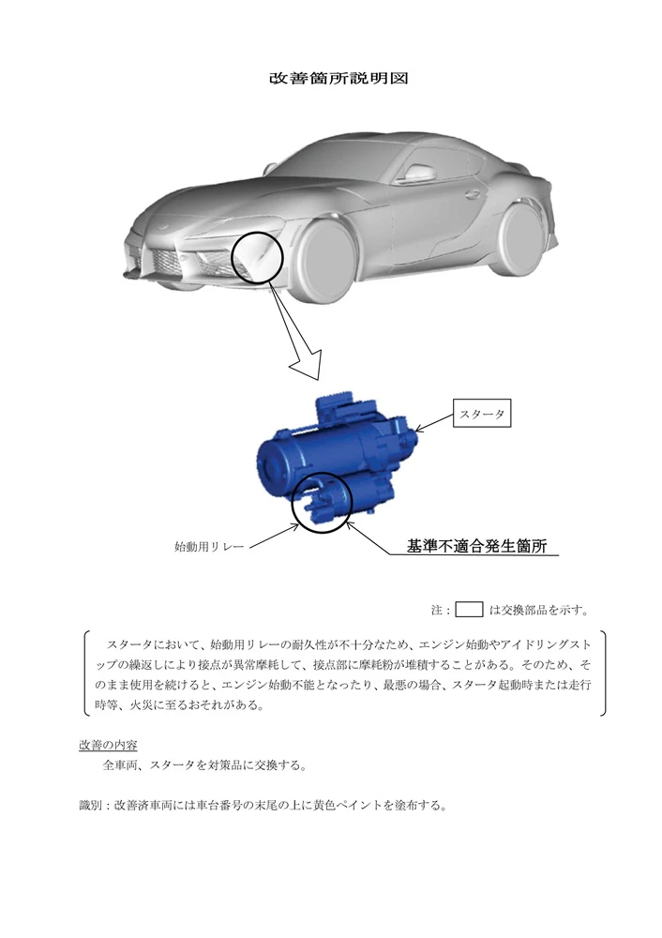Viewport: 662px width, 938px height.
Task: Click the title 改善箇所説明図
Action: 339,79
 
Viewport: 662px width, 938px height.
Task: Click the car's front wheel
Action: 327,260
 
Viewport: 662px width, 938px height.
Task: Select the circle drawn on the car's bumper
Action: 231,258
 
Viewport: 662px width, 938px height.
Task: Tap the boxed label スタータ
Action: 481,414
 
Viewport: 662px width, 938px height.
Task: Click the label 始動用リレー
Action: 209,547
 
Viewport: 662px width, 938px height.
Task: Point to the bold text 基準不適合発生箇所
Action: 476,546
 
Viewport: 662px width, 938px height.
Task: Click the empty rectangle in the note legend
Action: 469,603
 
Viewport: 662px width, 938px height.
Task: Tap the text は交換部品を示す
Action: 539,611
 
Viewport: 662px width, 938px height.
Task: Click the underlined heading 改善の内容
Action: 108,746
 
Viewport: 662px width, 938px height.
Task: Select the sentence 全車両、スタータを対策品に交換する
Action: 204,765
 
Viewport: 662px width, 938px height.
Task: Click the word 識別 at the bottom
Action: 90,805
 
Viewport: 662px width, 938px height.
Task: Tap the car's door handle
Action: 473,194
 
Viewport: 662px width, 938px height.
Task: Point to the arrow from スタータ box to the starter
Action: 434,422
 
